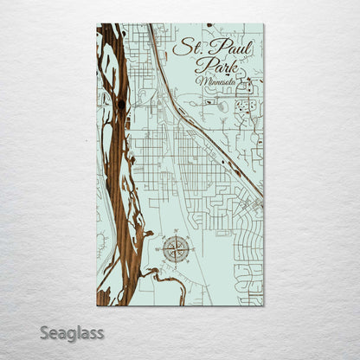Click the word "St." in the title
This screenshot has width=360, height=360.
click(184, 47)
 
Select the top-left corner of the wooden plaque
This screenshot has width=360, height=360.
click(97, 24)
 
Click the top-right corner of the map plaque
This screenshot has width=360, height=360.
click(264, 24)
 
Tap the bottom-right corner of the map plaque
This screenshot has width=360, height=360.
click(264, 305)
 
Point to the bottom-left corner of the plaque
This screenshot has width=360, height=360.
click(97, 305)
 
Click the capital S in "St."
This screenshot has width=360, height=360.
click(178, 47)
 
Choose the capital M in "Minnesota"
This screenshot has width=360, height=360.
click(202, 82)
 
